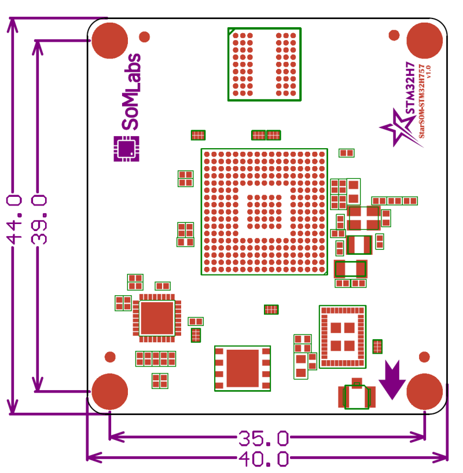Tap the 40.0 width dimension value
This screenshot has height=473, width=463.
point(263,459)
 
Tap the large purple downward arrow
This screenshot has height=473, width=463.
point(392,380)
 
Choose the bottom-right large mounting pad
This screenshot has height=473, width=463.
point(425,391)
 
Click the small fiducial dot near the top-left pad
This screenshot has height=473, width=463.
point(145,36)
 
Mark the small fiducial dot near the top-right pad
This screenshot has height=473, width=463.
point(394,35)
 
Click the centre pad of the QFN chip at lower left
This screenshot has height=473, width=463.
point(157,318)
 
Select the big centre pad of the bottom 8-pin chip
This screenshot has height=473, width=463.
point(242,368)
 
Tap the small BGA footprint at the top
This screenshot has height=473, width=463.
point(264,64)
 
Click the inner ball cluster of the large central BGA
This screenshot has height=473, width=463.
point(264,212)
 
